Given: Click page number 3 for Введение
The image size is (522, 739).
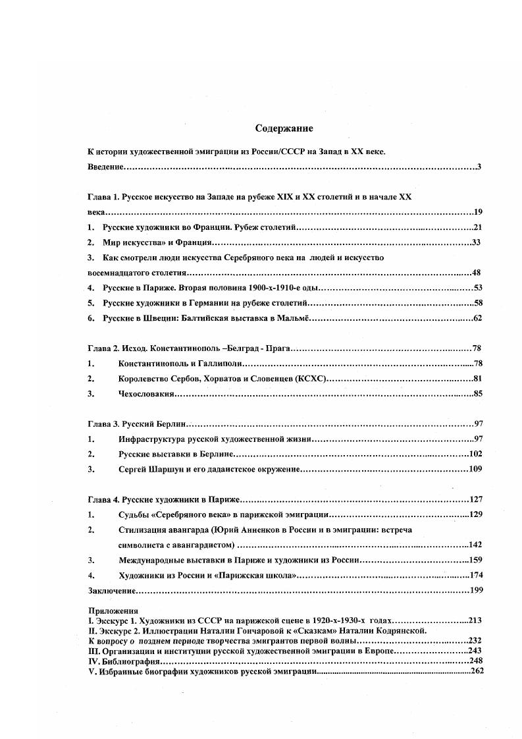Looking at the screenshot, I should pos(480,167).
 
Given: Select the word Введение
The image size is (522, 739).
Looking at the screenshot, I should pos(106,167).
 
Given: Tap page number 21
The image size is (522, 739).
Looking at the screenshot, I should pos(478,227).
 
